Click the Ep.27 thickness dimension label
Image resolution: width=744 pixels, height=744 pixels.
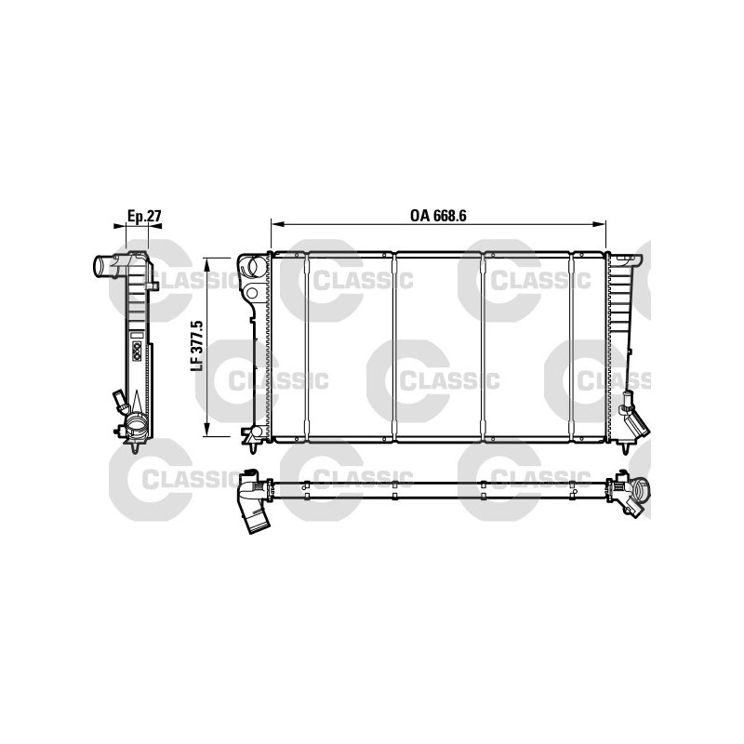[x=144, y=216]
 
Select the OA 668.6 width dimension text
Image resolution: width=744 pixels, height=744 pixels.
[x=438, y=216]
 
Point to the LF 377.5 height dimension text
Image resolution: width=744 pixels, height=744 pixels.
[x=197, y=345]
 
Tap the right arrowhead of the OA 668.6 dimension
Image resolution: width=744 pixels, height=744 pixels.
[x=600, y=224]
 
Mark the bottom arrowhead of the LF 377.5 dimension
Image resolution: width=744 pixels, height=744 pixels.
[x=206, y=430]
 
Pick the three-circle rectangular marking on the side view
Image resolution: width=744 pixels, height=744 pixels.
[x=137, y=351]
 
